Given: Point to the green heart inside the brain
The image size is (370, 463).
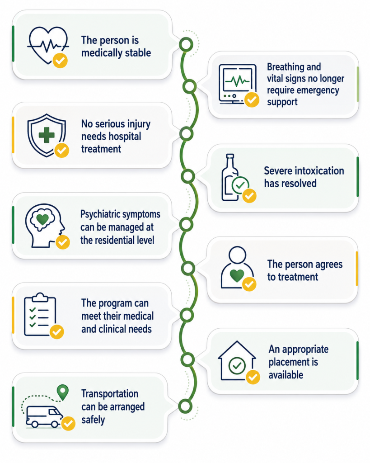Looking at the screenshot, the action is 42,219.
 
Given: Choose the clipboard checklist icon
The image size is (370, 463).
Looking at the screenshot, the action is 40,315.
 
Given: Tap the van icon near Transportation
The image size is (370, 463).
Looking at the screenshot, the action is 44,416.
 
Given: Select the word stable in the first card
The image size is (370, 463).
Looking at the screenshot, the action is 138,53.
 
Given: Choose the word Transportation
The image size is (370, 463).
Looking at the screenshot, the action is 110,394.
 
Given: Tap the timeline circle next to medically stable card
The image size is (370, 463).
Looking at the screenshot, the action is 186,45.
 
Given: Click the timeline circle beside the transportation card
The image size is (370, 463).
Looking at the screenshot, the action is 185,406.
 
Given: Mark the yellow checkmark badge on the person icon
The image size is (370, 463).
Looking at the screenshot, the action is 249,284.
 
